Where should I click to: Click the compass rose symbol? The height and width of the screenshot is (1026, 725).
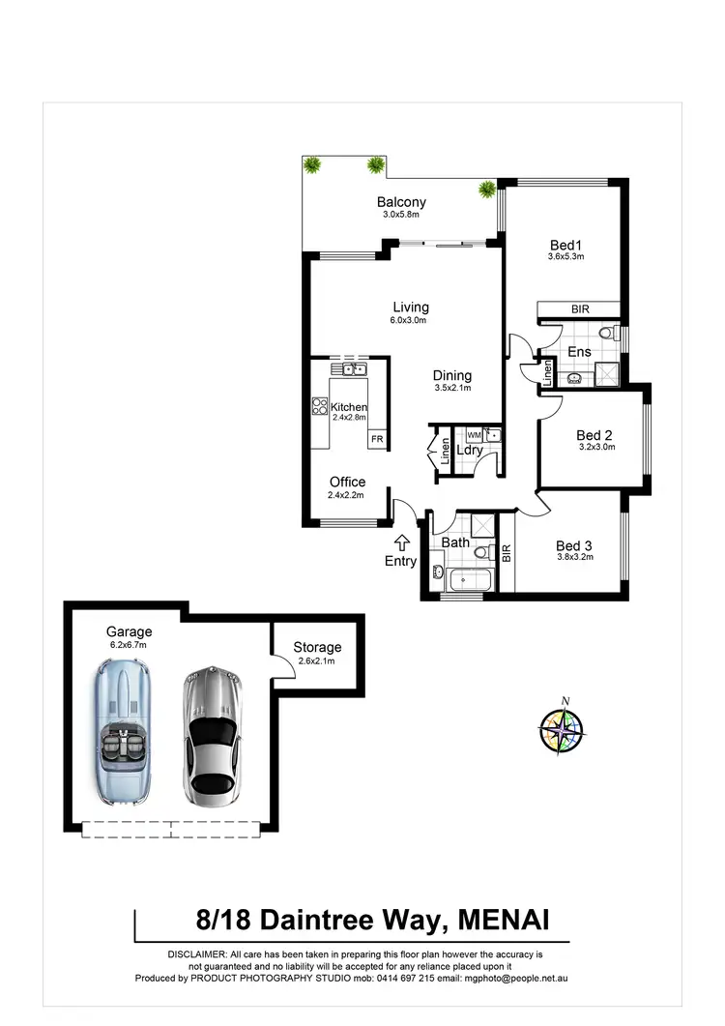coord(562,726)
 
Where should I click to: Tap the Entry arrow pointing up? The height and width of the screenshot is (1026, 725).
coord(402,542)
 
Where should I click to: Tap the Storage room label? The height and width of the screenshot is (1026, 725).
coord(317,647)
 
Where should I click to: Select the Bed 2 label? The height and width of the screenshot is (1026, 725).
coord(594,434)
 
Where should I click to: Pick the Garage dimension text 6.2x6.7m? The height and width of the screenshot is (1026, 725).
coord(129,644)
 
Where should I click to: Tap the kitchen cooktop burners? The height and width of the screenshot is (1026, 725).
coord(320,406)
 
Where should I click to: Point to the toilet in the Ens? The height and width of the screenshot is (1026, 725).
coord(606,334)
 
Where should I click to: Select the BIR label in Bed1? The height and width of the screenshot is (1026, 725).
coord(580,309)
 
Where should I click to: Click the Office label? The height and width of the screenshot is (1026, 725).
coord(347,482)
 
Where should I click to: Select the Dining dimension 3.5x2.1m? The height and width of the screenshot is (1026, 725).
coord(451,389)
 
